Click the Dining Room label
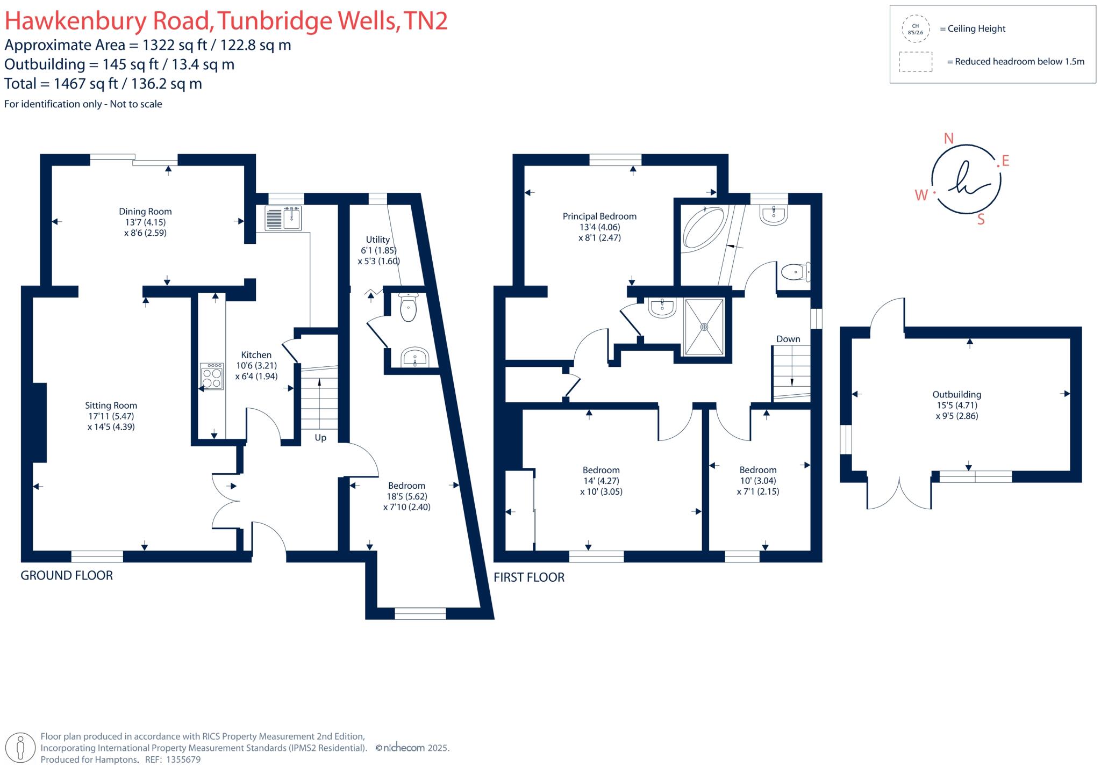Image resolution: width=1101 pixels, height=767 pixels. coord(145,212)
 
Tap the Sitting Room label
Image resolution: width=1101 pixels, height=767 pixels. coord(111,406)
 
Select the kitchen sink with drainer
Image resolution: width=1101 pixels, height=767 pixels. coord(283,219)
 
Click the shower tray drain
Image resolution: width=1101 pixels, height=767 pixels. coord(704,327)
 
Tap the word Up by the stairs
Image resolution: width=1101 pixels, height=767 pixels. coord(320,438)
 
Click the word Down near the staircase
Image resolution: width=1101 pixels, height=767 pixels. coord(788,339)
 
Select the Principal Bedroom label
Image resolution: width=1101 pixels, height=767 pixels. coord(599,216)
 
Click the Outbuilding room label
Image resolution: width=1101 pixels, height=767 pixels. coord(956,395)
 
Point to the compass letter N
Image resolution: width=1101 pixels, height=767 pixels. coord(949,139)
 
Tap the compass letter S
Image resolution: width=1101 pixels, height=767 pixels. coord(981,219)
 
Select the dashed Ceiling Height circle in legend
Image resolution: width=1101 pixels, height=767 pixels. coord(915,29)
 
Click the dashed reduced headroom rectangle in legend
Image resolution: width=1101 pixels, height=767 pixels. coord(916,62)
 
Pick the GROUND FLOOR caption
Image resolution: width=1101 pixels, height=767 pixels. coord(67,576)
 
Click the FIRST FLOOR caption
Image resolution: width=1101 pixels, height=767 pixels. coord(529,577)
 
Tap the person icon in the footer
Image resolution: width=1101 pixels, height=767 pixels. coord(21,747)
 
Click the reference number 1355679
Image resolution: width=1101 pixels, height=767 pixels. coord(183,760)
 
